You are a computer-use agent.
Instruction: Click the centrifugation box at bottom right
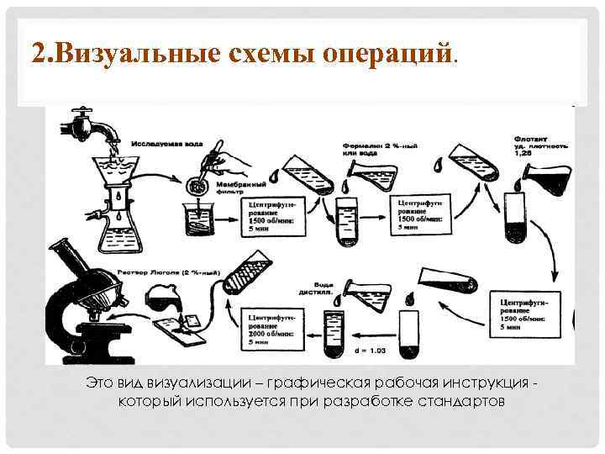526,313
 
